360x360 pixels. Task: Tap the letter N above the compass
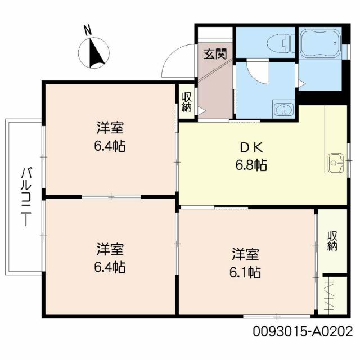pyautogui.click(x=88, y=30)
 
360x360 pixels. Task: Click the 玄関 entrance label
pyautogui.click(x=214, y=55)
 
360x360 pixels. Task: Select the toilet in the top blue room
pyautogui.click(x=279, y=43)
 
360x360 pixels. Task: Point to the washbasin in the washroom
pyautogui.click(x=281, y=109)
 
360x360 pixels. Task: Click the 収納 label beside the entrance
pyautogui.click(x=187, y=101)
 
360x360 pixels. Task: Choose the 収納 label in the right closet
pyautogui.click(x=332, y=240)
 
